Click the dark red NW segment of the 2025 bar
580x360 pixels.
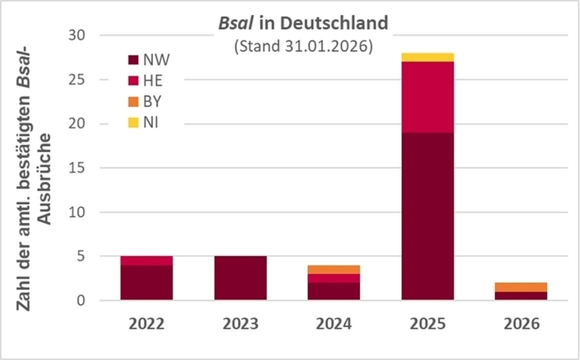point(427,217)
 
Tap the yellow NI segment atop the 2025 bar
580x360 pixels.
point(427,57)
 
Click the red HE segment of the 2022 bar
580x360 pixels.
point(147,261)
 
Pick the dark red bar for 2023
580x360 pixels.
point(240,278)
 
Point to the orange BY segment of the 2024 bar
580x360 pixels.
point(333,269)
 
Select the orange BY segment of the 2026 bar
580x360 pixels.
point(521,287)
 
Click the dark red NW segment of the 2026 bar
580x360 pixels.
point(521,296)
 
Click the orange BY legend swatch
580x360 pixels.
point(133,101)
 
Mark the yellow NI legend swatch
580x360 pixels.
point(133,122)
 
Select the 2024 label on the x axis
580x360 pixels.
point(333,323)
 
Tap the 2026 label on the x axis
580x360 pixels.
point(521,323)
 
